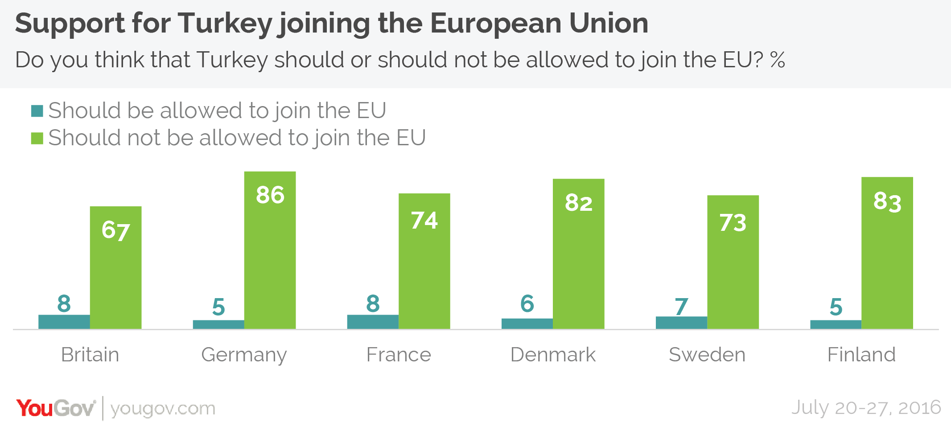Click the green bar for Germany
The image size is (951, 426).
click(270, 258)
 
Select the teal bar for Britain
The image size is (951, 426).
click(64, 322)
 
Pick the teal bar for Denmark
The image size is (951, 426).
click(527, 324)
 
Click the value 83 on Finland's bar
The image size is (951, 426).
click(887, 202)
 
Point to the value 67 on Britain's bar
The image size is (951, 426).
click(115, 231)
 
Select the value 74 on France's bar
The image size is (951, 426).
click(424, 221)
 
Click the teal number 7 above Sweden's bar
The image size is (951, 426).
click(681, 307)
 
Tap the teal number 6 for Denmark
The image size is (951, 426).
click(527, 304)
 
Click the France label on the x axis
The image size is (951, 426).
click(399, 355)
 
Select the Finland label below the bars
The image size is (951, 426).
click(861, 355)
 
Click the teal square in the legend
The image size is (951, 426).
click(37, 111)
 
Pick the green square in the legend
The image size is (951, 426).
click(37, 138)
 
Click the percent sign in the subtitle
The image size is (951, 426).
click(777, 60)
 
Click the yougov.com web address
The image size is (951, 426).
click(163, 409)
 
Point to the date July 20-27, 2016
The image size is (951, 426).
click(866, 408)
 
